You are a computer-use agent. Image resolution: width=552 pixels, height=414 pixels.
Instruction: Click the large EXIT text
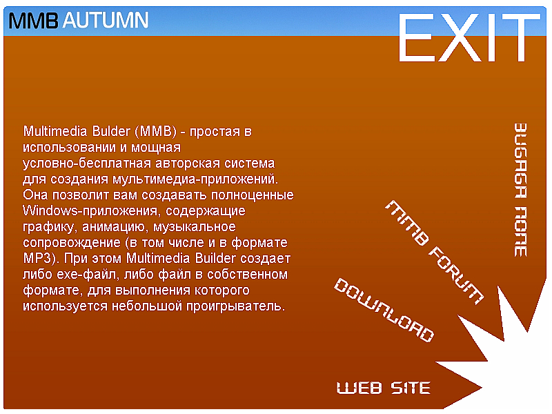(469, 37)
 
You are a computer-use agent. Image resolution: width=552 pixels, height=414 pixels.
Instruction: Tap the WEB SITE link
(384, 388)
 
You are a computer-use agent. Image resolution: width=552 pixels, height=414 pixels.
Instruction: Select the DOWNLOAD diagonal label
(384, 310)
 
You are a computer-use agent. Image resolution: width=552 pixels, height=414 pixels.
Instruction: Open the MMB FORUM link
(434, 253)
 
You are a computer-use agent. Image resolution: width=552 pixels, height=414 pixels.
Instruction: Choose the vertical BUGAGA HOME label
(520, 190)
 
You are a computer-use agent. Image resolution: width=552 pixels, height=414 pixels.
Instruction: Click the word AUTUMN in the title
(106, 20)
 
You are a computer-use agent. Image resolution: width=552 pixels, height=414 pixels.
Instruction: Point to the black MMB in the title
(33, 21)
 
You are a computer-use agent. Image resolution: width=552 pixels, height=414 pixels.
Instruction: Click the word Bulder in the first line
(111, 131)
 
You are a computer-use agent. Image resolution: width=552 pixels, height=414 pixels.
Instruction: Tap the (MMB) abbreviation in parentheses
(155, 131)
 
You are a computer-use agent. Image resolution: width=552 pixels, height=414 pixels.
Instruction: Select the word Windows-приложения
(90, 211)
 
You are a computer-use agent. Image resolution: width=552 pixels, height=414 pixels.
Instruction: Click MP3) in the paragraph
(41, 258)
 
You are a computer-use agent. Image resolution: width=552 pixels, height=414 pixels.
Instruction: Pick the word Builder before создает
(215, 258)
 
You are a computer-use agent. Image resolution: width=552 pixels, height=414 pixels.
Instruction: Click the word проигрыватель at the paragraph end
(235, 306)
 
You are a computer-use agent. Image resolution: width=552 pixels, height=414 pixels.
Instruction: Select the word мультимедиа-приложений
(195, 179)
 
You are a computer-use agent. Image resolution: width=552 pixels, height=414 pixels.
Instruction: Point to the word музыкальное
(195, 227)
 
